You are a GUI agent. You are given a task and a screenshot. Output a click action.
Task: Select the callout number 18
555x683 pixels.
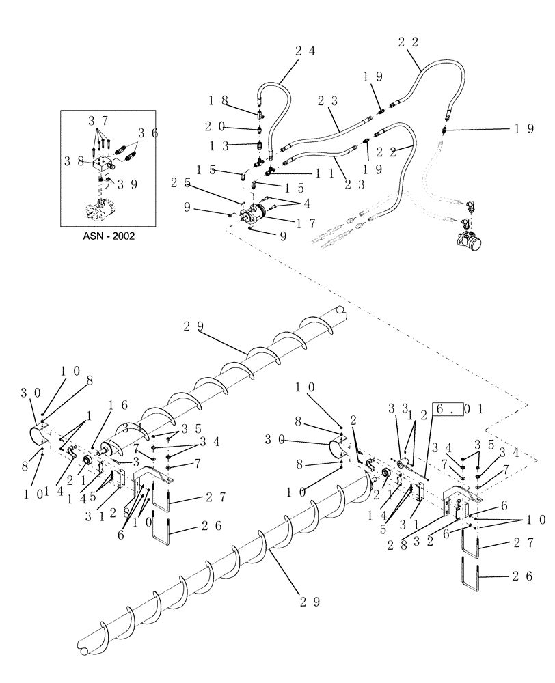(x=224, y=100)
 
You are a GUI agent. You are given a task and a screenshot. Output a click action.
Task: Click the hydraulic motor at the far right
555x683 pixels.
(x=467, y=245)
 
